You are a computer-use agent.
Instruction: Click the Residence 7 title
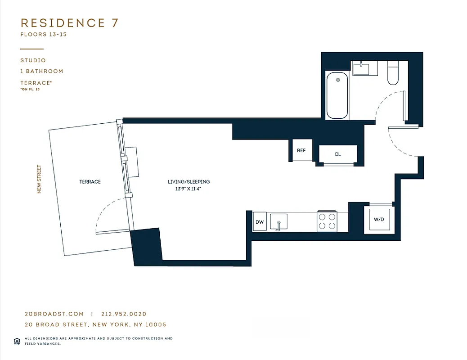point(70,23)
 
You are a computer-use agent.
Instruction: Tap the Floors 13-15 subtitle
point(43,34)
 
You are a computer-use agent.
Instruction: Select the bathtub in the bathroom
point(337,95)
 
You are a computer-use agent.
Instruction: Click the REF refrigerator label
point(301,150)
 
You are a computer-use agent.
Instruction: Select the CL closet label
point(337,154)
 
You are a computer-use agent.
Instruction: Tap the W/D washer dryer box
point(379,220)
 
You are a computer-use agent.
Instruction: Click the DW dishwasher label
point(259,222)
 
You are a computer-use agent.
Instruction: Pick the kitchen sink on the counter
point(279,222)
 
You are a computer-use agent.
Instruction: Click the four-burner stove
point(327,221)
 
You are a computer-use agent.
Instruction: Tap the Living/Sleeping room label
point(189,182)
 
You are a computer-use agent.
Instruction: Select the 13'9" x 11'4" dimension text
point(189,189)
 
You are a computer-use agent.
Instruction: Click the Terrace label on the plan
point(90,182)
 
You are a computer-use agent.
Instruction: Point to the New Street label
point(39,179)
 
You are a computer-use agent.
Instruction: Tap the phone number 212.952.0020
point(124,314)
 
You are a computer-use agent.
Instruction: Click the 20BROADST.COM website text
point(54,314)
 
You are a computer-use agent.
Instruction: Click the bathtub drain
point(337,81)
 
